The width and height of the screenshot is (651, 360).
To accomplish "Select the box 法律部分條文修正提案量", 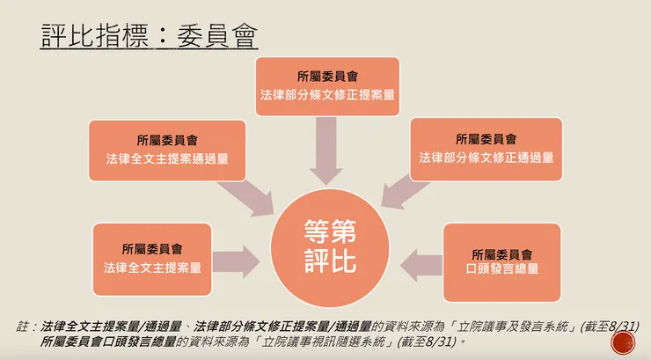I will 327,86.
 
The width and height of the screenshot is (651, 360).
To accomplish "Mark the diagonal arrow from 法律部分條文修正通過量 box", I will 402,193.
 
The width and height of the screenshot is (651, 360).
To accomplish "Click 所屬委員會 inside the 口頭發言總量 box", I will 502,253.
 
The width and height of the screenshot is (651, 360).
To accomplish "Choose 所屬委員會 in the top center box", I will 327,76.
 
